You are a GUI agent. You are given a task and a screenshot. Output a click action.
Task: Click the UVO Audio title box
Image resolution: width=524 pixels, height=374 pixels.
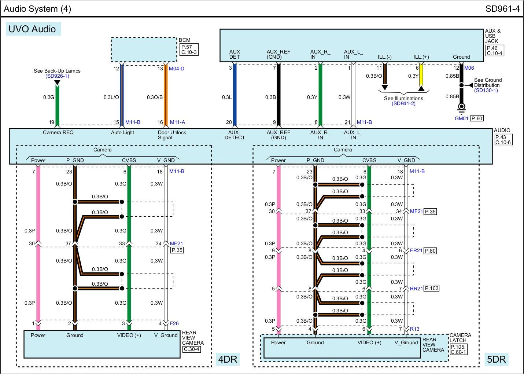[33, 29]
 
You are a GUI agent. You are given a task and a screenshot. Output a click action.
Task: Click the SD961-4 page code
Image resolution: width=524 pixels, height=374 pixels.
[502, 9]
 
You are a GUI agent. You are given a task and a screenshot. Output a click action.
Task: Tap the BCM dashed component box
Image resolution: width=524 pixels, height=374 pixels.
[144, 49]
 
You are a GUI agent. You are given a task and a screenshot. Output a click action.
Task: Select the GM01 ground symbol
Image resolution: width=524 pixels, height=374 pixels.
[461, 107]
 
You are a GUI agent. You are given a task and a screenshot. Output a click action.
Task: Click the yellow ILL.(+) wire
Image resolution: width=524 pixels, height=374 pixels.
[421, 75]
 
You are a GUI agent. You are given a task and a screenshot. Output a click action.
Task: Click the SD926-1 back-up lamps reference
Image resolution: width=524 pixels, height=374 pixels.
[57, 76]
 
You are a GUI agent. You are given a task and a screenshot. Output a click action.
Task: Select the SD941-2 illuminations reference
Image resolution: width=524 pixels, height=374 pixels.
[403, 104]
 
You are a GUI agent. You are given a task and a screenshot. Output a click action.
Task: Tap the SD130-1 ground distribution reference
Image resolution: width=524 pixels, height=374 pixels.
[486, 90]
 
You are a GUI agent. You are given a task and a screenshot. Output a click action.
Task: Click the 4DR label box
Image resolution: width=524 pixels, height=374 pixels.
[228, 359]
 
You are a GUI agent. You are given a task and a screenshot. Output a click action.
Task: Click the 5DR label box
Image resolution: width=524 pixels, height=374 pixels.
[496, 359]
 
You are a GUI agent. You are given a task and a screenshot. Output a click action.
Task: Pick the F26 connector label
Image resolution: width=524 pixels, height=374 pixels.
[174, 323]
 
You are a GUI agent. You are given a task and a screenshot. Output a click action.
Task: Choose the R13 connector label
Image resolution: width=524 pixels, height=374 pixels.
[414, 329]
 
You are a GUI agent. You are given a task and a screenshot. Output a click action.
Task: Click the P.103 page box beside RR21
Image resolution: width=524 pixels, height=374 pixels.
[432, 288]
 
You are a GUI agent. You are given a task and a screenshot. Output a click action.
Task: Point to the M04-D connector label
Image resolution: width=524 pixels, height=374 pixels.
[177, 69]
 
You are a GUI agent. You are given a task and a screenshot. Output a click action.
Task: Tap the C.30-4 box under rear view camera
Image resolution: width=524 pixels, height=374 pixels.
[191, 349]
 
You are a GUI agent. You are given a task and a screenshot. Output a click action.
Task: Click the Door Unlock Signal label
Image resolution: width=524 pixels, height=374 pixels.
[172, 135]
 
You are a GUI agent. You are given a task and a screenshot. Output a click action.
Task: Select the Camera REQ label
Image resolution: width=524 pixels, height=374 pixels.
[58, 132]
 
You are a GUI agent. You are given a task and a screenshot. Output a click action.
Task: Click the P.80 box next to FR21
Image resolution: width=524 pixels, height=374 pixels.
[430, 251]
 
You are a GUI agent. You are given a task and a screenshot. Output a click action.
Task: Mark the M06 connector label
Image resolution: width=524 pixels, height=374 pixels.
[469, 68]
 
